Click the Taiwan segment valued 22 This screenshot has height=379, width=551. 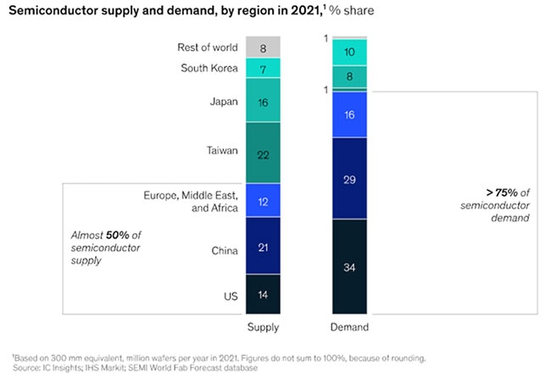click(x=262, y=153)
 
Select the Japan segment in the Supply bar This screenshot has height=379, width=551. click(x=262, y=101)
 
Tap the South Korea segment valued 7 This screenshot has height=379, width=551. click(x=262, y=68)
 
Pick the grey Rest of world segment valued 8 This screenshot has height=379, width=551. click(x=262, y=48)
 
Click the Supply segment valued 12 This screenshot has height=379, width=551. click(x=262, y=201)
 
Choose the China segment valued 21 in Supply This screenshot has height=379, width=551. click(x=262, y=247)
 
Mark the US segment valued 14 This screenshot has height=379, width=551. click(x=262, y=293)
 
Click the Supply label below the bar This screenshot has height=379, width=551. click(x=262, y=326)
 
